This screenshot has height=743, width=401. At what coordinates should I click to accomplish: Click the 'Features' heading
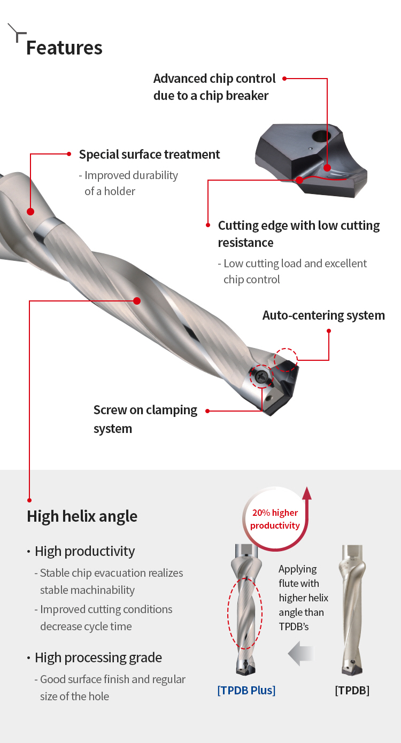(x=64, y=48)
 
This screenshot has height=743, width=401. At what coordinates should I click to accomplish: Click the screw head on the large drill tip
(x=261, y=376)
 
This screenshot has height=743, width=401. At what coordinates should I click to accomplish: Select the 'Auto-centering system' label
(x=323, y=315)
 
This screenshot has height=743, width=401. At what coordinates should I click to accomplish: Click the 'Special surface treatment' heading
(x=149, y=154)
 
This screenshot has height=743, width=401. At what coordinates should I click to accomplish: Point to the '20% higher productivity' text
(x=275, y=519)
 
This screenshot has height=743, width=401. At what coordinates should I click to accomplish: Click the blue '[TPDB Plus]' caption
(x=246, y=690)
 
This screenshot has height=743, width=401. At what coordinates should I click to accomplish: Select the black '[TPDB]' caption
(x=352, y=690)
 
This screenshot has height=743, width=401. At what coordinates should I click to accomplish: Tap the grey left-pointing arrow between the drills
(x=301, y=653)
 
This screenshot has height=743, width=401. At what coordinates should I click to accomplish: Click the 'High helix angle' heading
(x=82, y=516)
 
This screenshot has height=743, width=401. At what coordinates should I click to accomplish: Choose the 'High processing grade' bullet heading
(x=98, y=657)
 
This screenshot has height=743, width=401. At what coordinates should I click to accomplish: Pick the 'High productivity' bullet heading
(x=84, y=551)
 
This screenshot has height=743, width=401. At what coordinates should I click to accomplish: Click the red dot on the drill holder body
(x=30, y=212)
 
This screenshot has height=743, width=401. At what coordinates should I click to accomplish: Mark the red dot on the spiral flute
(x=137, y=301)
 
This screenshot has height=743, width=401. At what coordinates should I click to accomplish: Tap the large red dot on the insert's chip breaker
(x=327, y=168)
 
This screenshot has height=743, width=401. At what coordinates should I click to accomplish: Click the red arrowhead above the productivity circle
(x=307, y=493)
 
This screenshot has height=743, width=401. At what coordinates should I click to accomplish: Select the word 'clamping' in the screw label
(x=172, y=411)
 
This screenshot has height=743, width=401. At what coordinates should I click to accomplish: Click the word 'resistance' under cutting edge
(x=246, y=243)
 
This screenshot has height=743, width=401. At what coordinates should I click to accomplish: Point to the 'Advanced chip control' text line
(x=214, y=79)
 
